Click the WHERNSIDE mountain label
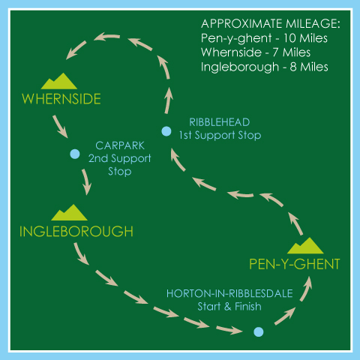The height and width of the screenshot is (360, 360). (61, 99)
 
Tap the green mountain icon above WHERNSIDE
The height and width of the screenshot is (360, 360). (59, 81)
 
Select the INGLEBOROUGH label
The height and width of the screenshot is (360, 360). (76, 231)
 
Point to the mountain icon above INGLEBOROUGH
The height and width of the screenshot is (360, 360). (69, 212)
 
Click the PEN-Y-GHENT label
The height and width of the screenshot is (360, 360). (295, 264)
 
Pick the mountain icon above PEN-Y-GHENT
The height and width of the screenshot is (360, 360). (305, 245)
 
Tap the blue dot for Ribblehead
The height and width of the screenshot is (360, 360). (166, 131)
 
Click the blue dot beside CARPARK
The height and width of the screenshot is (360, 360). (75, 154)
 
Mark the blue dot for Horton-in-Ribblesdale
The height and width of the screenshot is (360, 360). (259, 332)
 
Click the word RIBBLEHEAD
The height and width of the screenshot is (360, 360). (220, 122)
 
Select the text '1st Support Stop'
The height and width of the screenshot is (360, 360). (220, 135)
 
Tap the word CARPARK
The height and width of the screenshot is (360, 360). (120, 145)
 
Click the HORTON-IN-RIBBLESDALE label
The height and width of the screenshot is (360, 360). (229, 293)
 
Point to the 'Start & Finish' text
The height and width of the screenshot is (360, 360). (229, 307)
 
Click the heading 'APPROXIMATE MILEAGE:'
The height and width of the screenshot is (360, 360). (271, 24)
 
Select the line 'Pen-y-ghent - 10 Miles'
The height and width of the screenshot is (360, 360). (264, 38)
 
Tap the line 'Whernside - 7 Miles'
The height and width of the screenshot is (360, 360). (256, 52)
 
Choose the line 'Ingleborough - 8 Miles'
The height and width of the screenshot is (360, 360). (265, 67)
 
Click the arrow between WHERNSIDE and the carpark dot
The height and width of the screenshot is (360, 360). (60, 127)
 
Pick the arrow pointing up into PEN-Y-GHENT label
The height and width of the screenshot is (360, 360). (306, 289)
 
